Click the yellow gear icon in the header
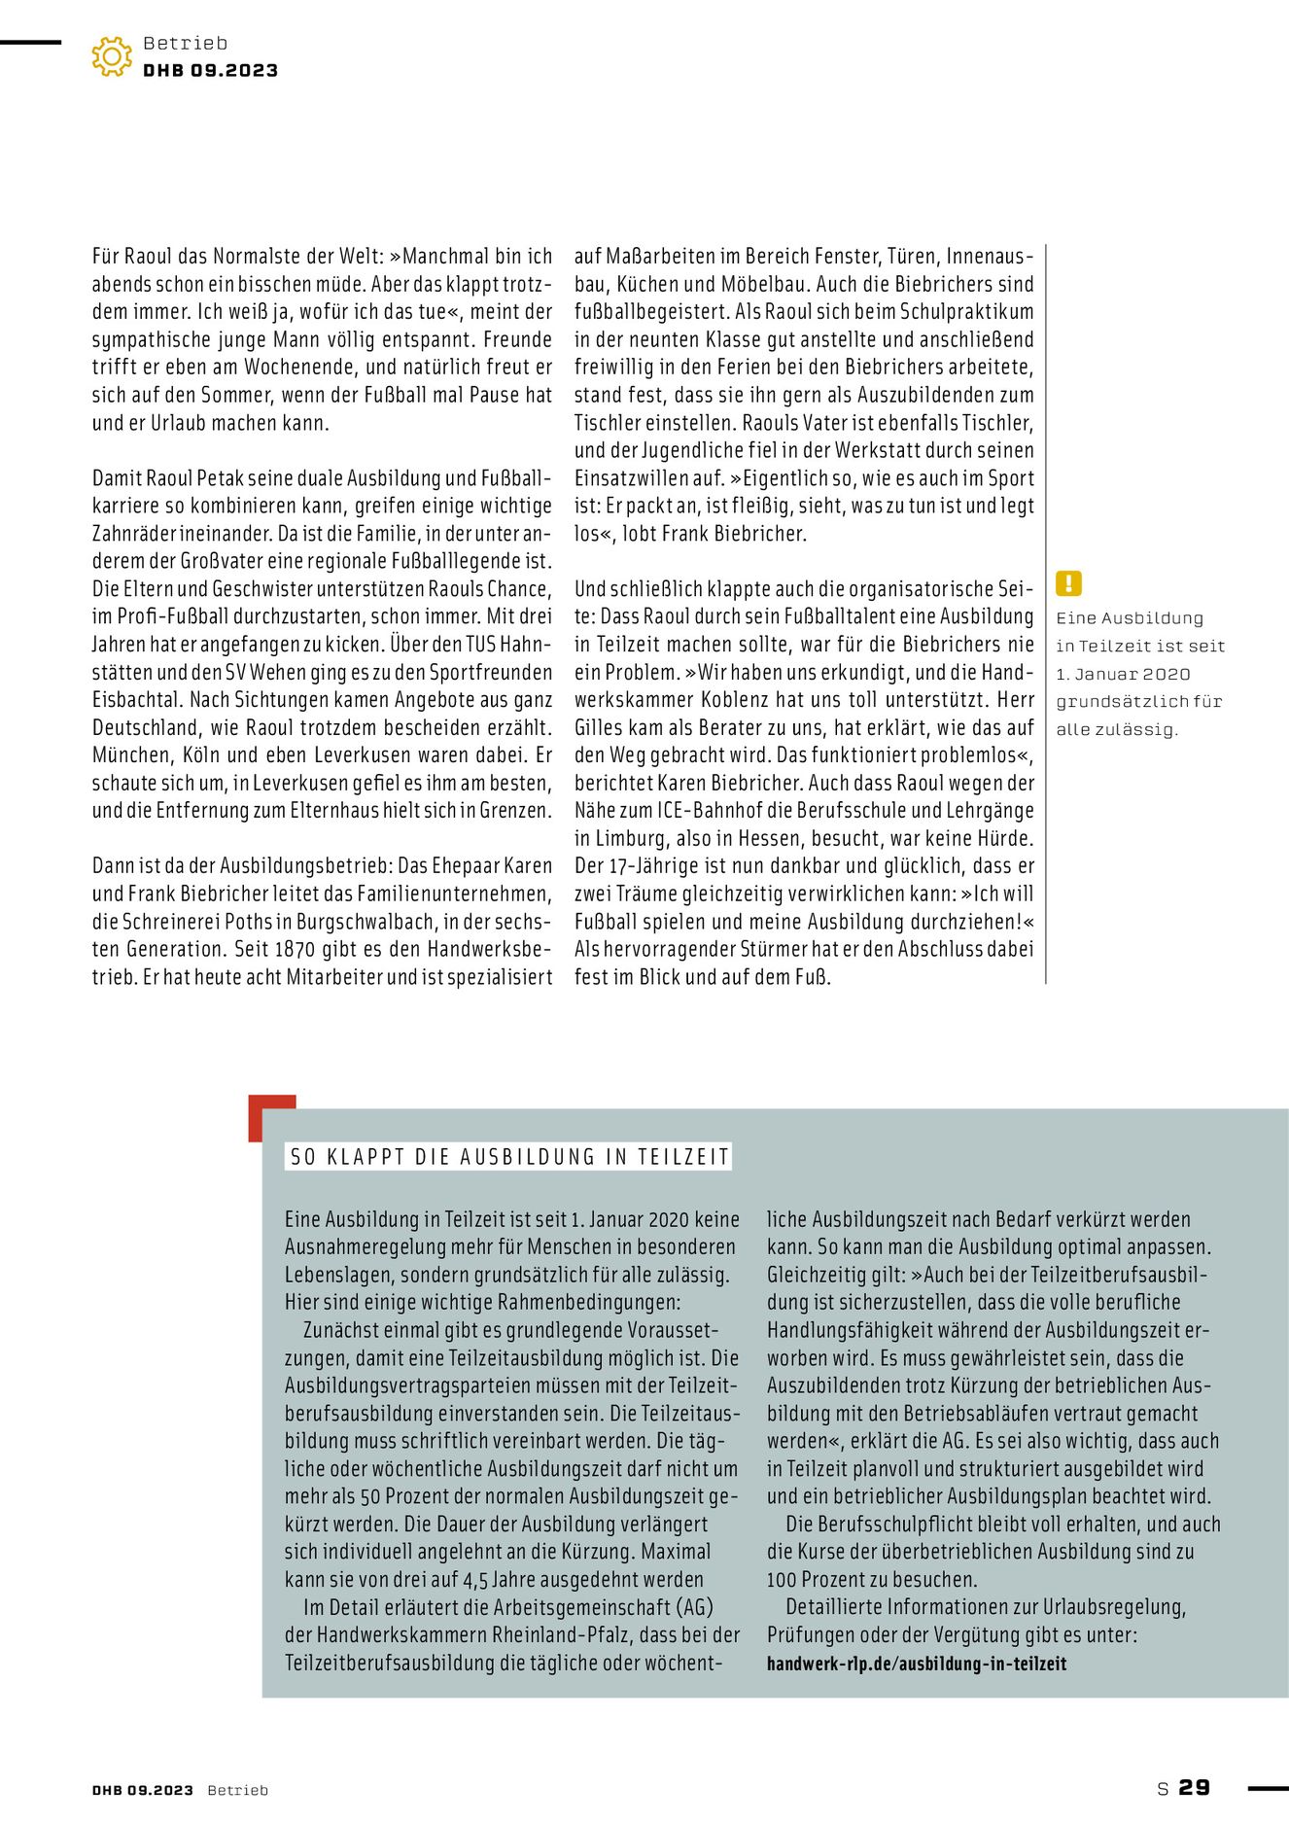point(112,56)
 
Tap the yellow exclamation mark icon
point(1068,583)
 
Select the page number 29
point(1195,1787)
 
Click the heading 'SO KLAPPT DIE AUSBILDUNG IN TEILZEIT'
point(508,1157)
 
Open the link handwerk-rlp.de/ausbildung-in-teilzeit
point(917,1664)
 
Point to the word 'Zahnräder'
point(133,534)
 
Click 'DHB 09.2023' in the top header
point(211,71)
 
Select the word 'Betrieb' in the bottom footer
point(237,1791)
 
